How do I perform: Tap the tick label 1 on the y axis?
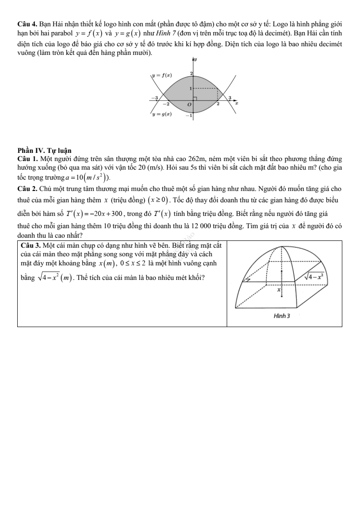[191, 88]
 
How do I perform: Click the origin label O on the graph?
[190, 105]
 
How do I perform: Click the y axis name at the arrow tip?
[196, 60]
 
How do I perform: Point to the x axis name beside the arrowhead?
[237, 104]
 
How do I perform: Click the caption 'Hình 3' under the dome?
[284, 315]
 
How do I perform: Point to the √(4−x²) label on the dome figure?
[314, 275]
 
